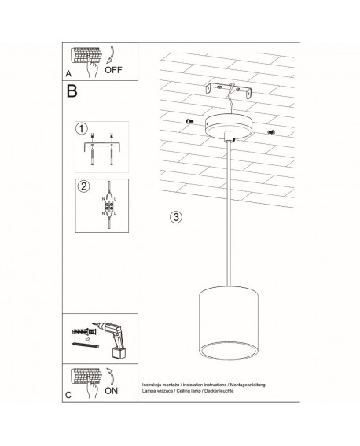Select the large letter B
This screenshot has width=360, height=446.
click(72, 90)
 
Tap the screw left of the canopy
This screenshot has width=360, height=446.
click(190, 120)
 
